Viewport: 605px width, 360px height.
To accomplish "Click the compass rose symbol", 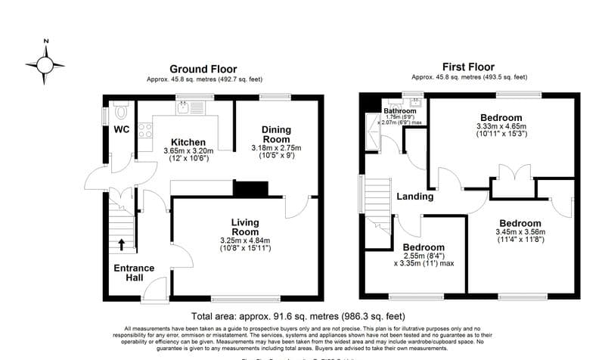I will (x=45, y=64).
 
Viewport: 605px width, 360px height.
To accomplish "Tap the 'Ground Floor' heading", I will (x=203, y=68).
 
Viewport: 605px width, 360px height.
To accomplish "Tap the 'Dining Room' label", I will (x=276, y=134).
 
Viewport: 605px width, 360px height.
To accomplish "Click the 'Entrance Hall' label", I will (x=134, y=273).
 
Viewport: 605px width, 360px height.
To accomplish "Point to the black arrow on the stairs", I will (x=122, y=244).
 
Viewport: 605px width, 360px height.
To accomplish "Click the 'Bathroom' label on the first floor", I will (x=400, y=110).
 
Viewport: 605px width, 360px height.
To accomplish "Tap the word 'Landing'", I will (x=415, y=197).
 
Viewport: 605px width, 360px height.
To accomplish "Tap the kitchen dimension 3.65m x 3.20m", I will (x=188, y=151).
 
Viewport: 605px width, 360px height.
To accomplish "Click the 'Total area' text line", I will (x=298, y=316).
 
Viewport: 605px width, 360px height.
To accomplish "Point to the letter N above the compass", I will (x=45, y=42).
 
